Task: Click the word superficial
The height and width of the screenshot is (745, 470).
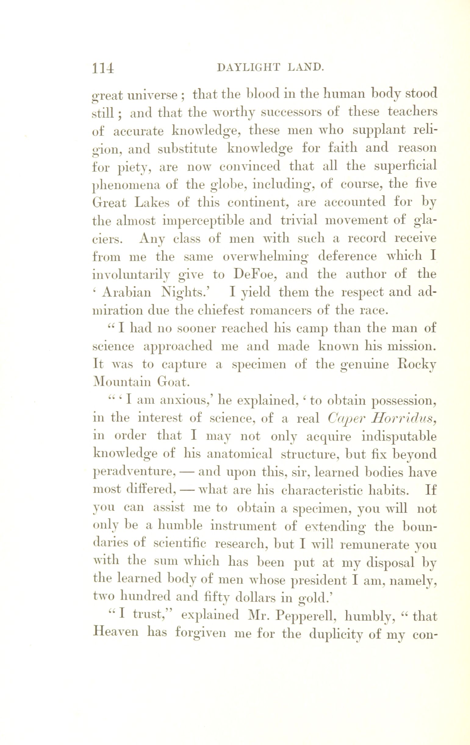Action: [x=405, y=166]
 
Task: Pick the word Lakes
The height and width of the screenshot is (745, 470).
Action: [x=152, y=203]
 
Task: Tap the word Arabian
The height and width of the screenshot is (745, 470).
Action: [x=127, y=292]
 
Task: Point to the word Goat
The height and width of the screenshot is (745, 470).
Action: [x=173, y=383]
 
